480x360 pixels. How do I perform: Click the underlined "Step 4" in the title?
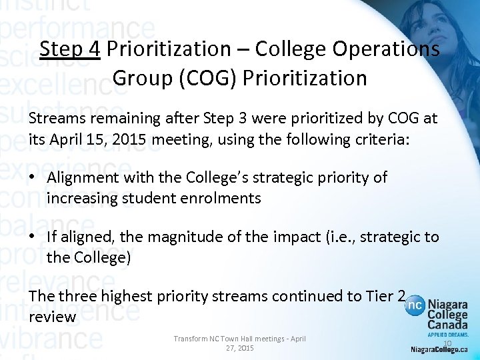coord(69,49)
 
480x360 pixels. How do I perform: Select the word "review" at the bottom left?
coord(53,317)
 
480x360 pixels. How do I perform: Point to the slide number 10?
coord(447,343)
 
